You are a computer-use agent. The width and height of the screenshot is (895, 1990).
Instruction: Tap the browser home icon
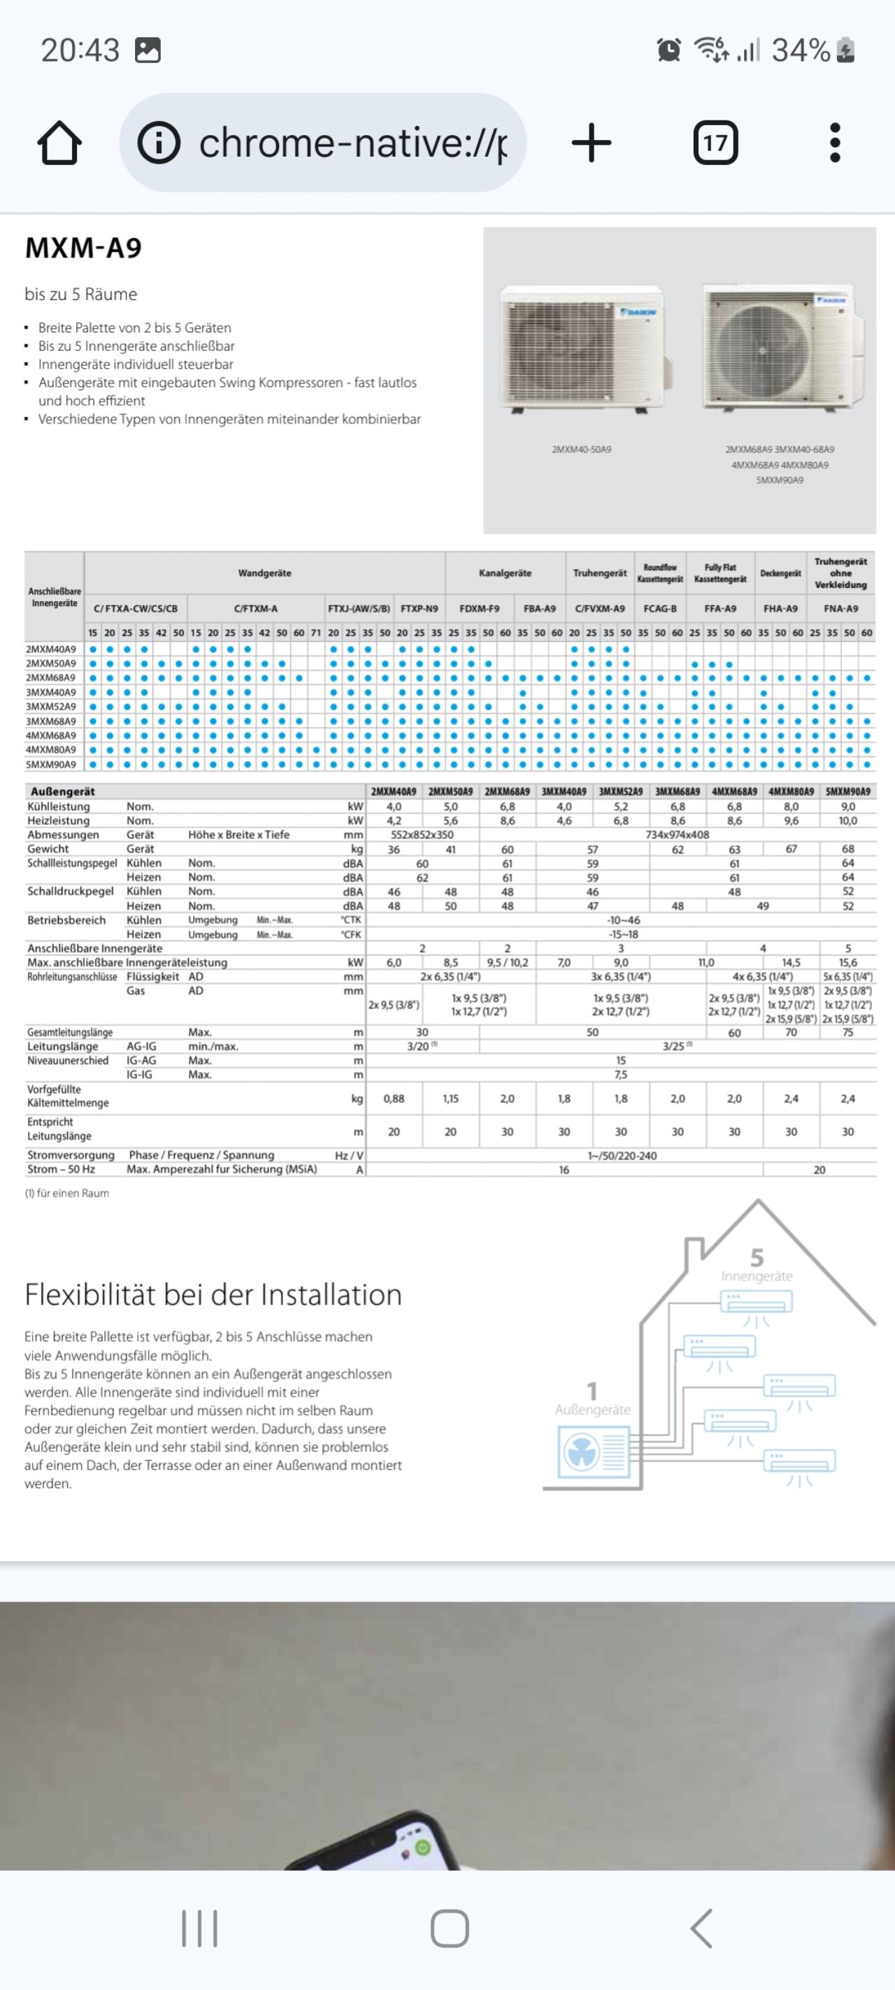(59, 143)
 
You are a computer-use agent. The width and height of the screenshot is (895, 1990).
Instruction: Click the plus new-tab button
(592, 143)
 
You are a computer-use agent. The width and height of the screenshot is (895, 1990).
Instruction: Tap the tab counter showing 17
(715, 143)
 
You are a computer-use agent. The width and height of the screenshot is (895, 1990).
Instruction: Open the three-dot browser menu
(834, 143)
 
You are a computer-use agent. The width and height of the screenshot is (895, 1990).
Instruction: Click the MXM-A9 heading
(83, 248)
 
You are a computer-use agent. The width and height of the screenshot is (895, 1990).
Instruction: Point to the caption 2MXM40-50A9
(582, 449)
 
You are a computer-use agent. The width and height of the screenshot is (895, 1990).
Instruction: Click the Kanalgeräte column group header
(505, 573)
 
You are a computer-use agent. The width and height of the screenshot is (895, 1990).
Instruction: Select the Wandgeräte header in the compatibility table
(264, 573)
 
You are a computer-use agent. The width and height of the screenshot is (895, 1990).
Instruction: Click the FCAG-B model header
(660, 609)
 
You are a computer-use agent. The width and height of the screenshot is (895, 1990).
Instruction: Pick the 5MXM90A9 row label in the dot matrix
(51, 765)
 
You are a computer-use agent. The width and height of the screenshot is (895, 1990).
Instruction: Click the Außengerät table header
(62, 792)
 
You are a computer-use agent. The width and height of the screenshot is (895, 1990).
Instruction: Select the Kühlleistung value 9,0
(848, 807)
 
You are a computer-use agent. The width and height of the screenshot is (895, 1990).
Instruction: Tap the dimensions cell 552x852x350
(422, 835)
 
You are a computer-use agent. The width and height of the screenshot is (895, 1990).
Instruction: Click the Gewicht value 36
(394, 849)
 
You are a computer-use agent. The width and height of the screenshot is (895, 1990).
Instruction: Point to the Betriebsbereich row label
(66, 920)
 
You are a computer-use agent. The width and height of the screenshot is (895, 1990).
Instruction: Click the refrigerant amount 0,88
(394, 1099)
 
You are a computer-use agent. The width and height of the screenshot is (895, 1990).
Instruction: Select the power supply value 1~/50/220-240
(622, 1156)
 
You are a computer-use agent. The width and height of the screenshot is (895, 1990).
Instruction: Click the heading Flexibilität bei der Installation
(213, 1294)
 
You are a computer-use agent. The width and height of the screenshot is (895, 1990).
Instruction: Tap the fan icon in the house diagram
(582, 1453)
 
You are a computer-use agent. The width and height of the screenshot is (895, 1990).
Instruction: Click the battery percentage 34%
(801, 51)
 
